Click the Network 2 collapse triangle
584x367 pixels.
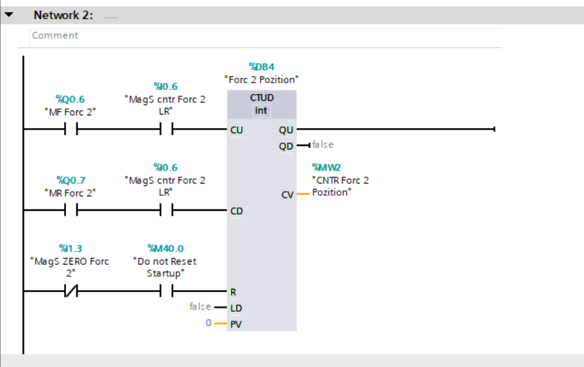coord(9,14)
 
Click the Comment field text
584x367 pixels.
coord(55,35)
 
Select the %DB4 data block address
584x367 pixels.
coord(262,67)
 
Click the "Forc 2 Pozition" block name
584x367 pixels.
coord(262,80)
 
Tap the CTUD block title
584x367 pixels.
coord(262,98)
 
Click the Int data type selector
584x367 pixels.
coord(262,111)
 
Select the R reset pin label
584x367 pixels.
coord(234,291)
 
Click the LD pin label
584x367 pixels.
coord(236,308)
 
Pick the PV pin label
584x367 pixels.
coord(236,324)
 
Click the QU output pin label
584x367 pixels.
coord(286,129)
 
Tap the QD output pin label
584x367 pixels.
coord(286,145)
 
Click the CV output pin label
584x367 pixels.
coord(287,194)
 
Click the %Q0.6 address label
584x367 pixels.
coord(70,100)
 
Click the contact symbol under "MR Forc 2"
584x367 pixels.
coord(70,211)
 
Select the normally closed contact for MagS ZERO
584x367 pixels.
coord(70,291)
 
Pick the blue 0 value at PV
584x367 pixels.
coord(209,323)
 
